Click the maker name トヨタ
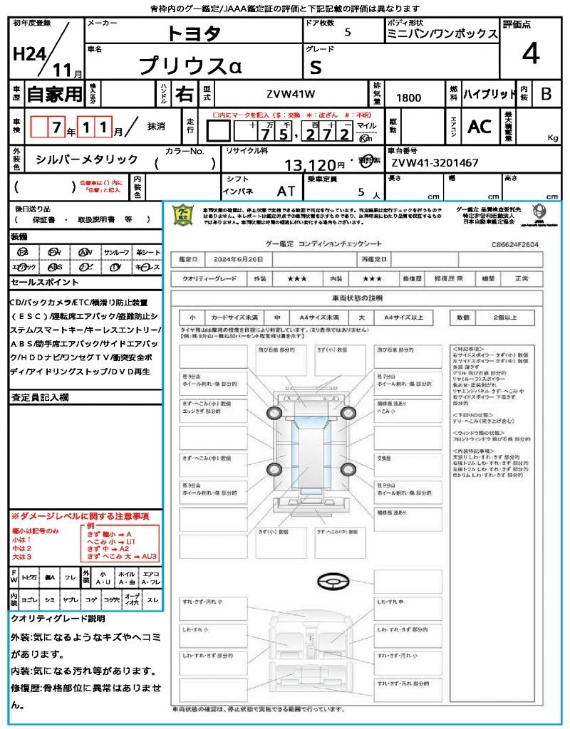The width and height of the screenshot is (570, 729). [194, 33]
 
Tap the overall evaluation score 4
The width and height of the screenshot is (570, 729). [529, 54]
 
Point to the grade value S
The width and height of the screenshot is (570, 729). [316, 66]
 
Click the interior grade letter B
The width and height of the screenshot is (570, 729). [546, 94]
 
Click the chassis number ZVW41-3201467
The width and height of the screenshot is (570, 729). [435, 163]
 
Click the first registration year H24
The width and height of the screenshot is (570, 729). [26, 55]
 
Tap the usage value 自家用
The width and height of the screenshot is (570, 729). [54, 94]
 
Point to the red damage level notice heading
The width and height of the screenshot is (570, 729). [80, 515]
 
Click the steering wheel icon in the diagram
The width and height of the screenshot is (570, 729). [333, 582]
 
